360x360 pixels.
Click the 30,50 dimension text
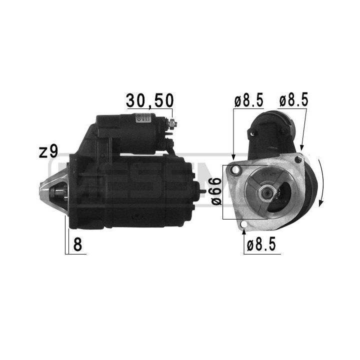pos(149,100)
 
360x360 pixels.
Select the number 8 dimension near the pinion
pos(77,245)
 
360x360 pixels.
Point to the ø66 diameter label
pos(213,192)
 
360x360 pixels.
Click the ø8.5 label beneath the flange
pos(261,244)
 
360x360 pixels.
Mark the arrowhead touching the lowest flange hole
pos(243,230)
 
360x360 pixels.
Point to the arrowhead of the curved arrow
pos(320,204)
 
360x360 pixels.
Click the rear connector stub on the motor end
pos(202,187)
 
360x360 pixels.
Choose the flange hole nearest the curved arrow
pos(298,159)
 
